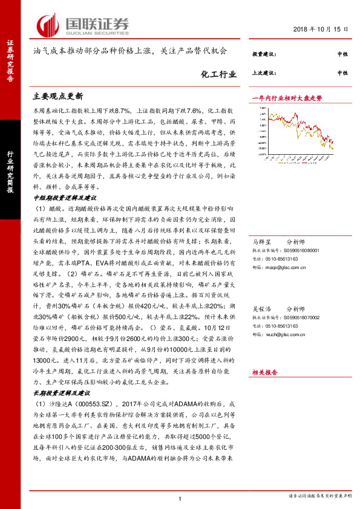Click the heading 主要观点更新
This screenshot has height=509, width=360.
click(57, 96)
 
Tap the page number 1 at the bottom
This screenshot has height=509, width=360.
click(180, 498)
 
